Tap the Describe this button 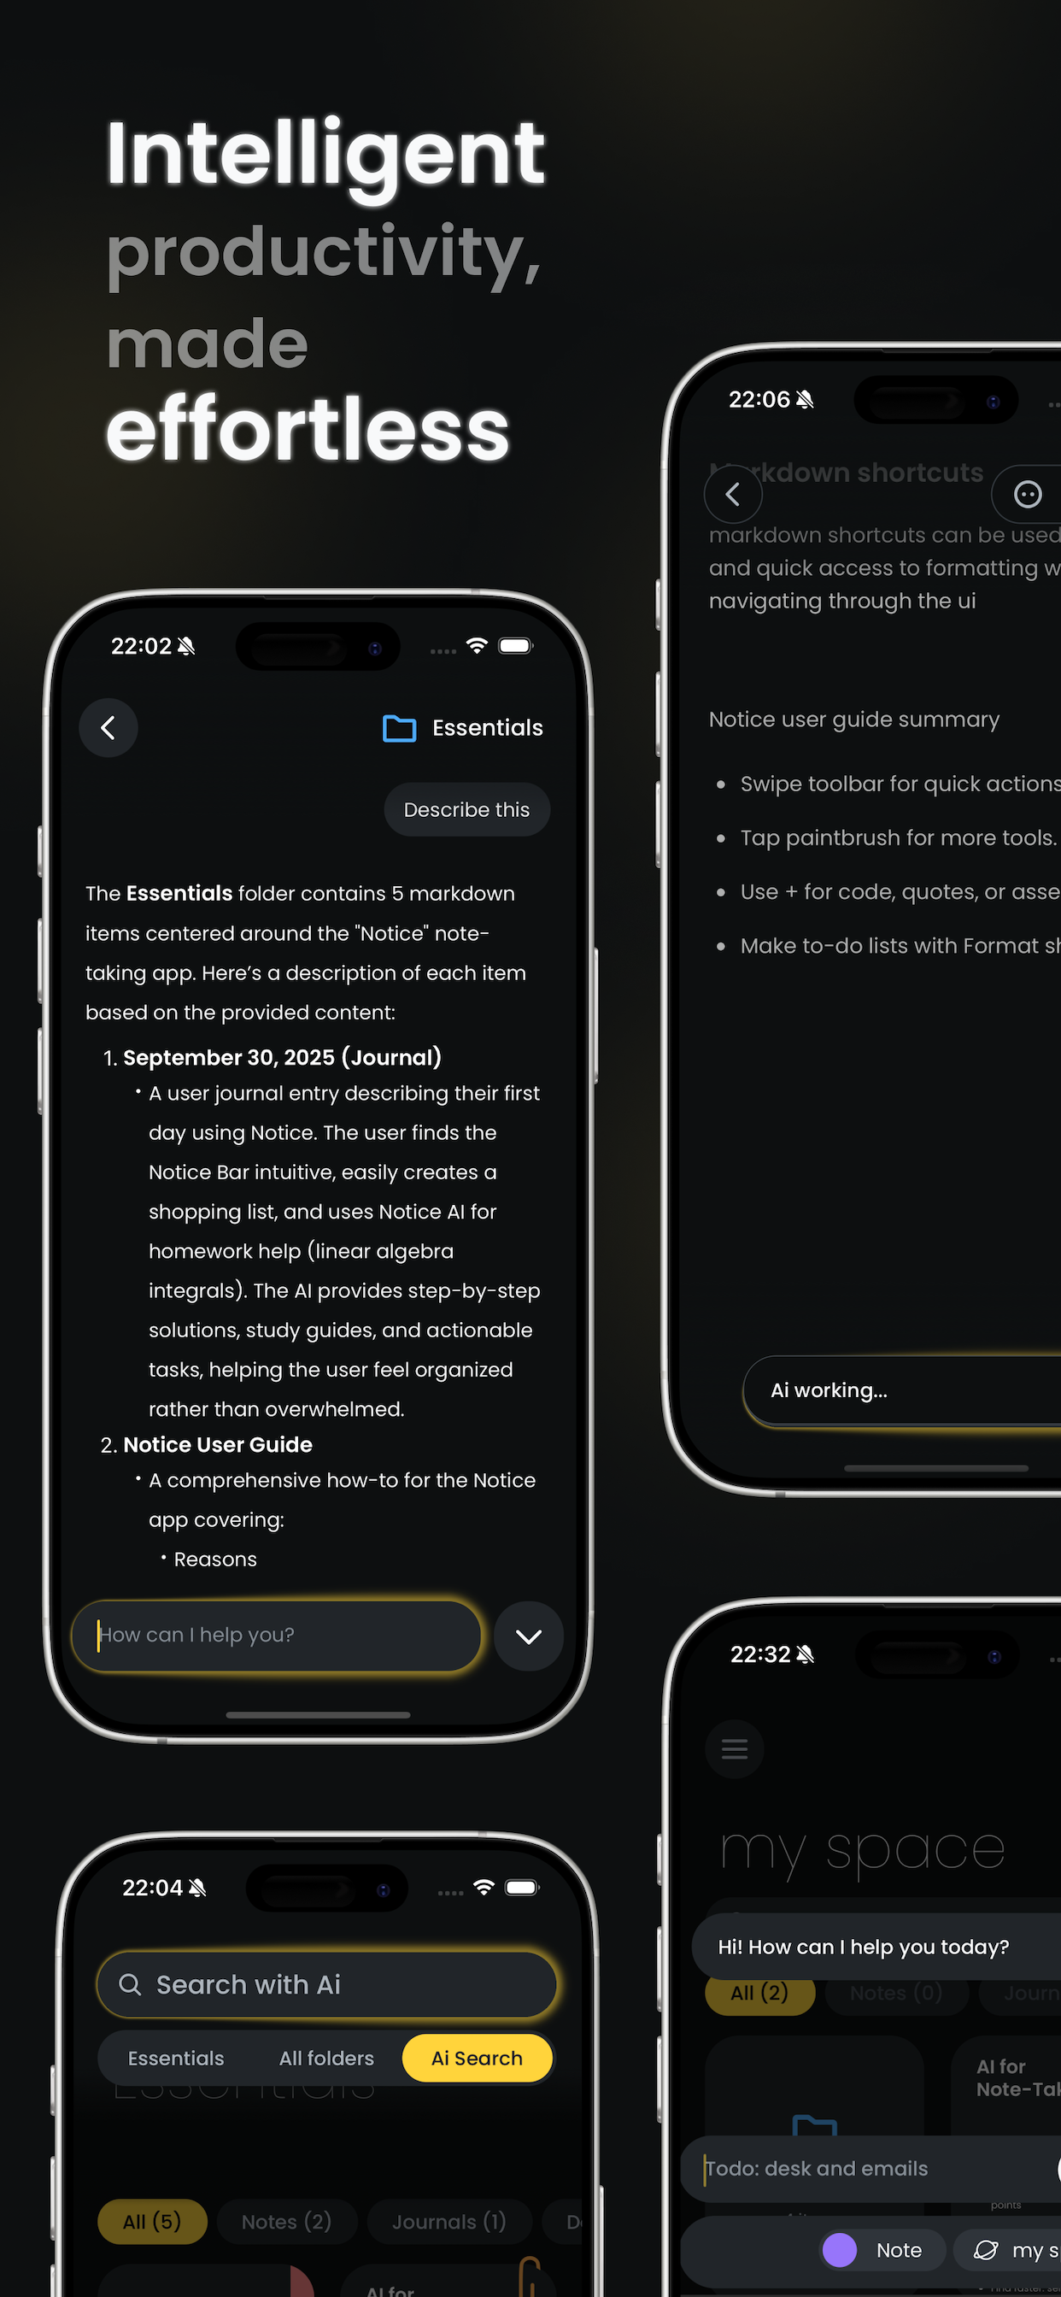[x=466, y=809]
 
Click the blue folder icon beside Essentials [x=399, y=729]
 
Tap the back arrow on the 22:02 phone [x=108, y=727]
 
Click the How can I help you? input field [x=277, y=1636]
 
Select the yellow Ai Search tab [x=477, y=2058]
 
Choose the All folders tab [x=326, y=2058]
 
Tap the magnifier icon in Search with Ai [x=130, y=1984]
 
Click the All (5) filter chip [x=151, y=2221]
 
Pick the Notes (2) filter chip [x=286, y=2221]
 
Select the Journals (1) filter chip [x=448, y=2221]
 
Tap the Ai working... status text [x=829, y=1390]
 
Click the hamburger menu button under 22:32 [x=734, y=1748]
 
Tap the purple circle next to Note [x=839, y=2250]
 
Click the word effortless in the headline [x=308, y=430]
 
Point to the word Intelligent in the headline [x=325, y=153]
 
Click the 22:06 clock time [x=759, y=399]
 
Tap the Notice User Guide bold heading [x=218, y=1444]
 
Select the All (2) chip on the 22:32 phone [x=759, y=1993]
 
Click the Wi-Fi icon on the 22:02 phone [x=477, y=645]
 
